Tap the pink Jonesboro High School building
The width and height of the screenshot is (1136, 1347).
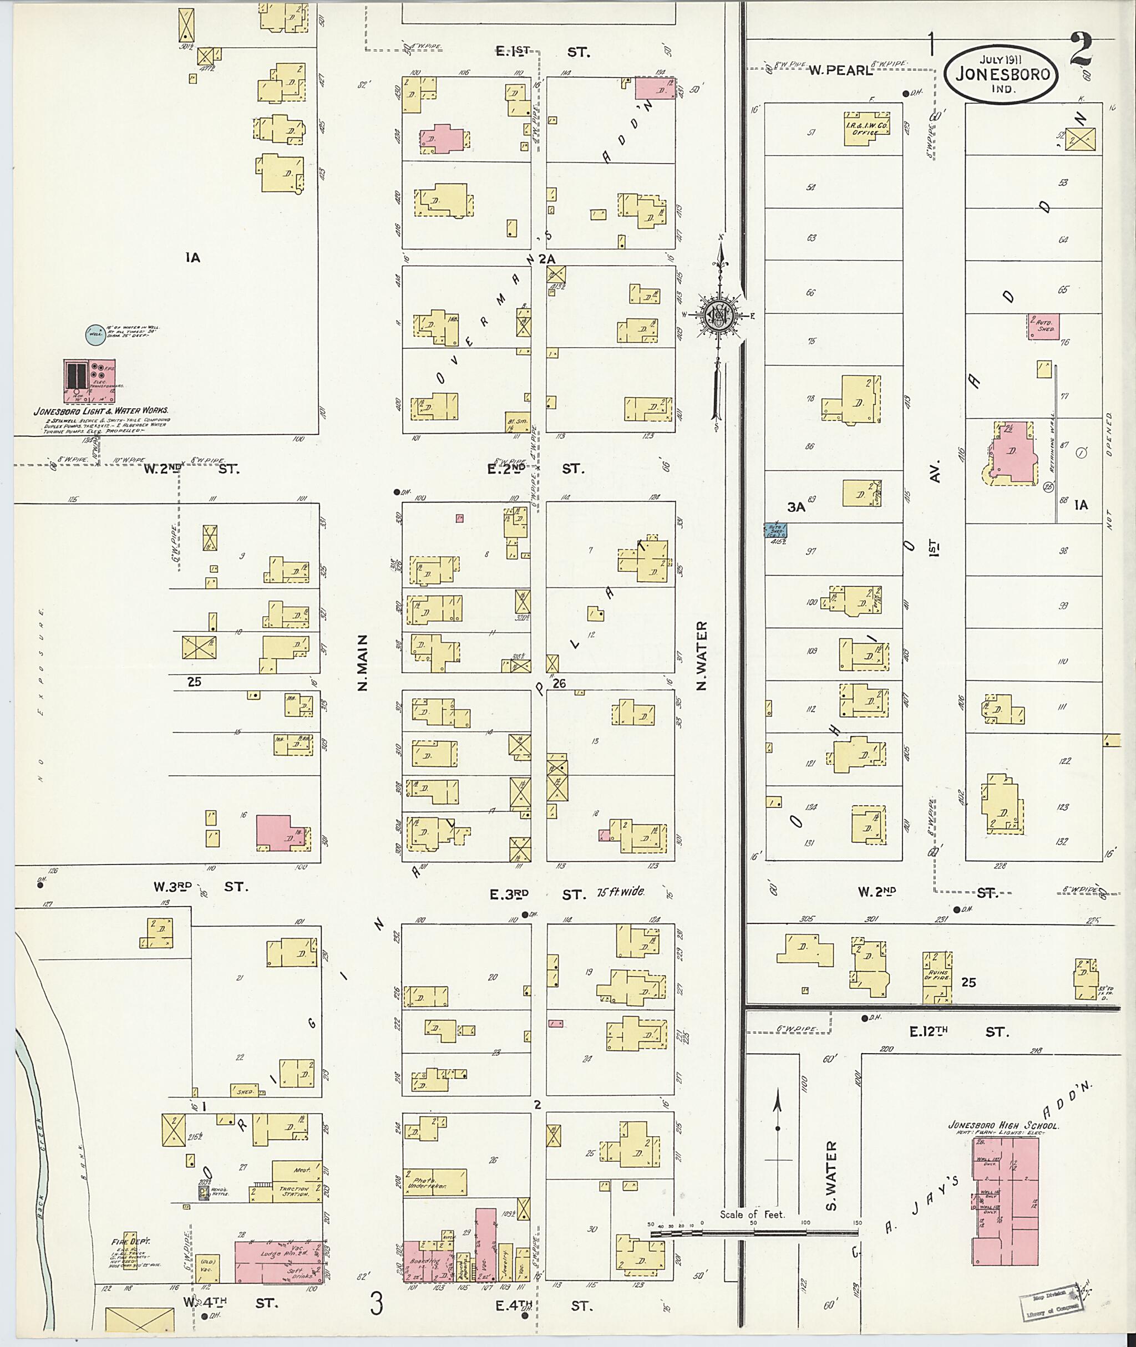[x=1005, y=1211]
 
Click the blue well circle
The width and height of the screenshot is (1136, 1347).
[x=95, y=333]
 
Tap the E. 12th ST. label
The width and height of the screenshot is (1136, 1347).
[x=960, y=1032]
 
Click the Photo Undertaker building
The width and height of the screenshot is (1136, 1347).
[x=435, y=1182]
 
